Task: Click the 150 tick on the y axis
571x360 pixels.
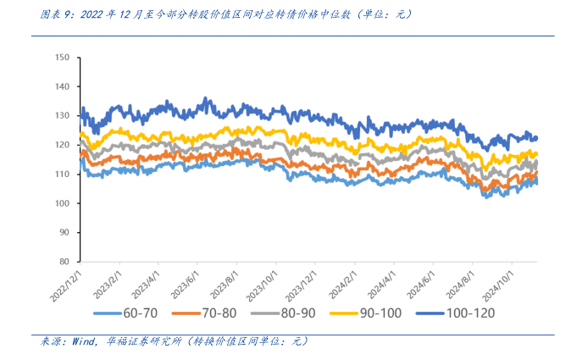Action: coord(61,58)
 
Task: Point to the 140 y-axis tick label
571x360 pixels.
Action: coord(61,86)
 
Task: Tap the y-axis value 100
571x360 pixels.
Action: coord(61,203)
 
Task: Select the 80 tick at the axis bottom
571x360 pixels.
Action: coord(64,262)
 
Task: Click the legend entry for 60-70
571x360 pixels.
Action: coord(136,314)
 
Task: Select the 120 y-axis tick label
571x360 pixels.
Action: coord(61,145)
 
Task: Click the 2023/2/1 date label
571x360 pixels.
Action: coord(103,282)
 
